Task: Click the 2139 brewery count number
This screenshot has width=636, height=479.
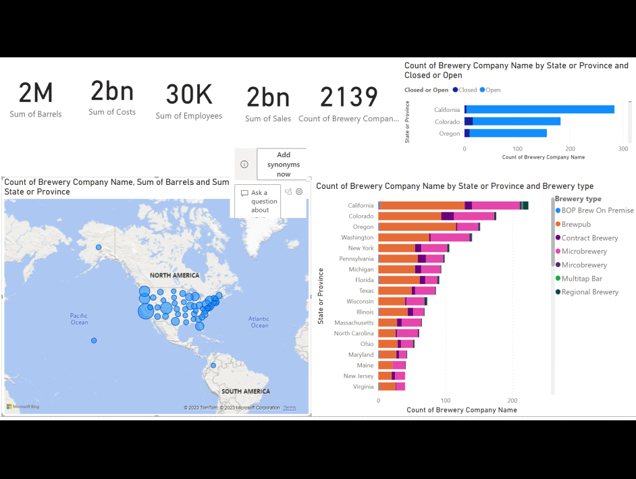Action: [348, 97]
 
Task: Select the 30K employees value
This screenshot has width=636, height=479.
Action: [189, 95]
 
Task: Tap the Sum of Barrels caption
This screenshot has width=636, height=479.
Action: [36, 114]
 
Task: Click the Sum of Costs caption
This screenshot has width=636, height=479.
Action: [112, 112]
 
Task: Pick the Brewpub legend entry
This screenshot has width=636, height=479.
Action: [576, 224]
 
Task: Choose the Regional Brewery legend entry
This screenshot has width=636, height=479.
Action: [589, 292]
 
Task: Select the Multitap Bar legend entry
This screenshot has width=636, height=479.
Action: [581, 279]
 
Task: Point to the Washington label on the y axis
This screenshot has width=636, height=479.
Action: [357, 237]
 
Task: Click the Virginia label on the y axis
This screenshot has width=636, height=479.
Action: [363, 387]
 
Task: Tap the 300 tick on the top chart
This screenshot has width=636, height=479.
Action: [622, 149]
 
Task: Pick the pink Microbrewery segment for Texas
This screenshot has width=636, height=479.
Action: [425, 291]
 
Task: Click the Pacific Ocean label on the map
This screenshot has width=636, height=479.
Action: [79, 319]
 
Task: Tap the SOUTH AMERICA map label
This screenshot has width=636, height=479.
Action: [245, 391]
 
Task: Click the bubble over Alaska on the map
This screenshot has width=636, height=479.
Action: [99, 248]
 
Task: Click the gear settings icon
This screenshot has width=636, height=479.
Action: [299, 192]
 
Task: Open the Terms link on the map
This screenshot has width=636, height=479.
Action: [289, 407]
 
